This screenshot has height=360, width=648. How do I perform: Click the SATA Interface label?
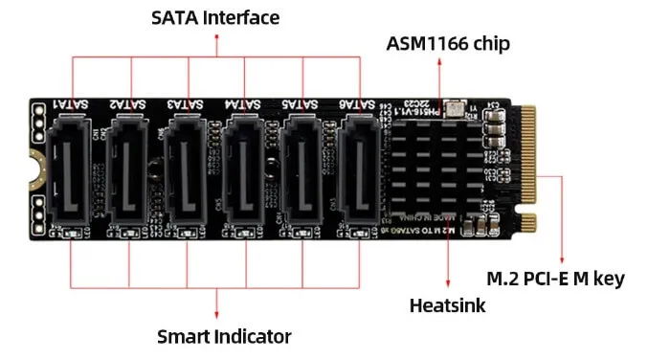(216, 16)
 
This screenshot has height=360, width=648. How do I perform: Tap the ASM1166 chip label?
(448, 43)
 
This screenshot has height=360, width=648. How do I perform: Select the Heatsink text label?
(447, 306)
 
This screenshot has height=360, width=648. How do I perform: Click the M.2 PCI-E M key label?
(555, 279)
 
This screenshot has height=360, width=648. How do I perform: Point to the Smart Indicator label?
(224, 336)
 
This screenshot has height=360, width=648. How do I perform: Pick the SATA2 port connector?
(131, 169)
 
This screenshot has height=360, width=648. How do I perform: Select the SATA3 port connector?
(189, 169)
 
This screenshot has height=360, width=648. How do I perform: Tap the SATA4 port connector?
(245, 169)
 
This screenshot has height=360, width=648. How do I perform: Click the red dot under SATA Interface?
(216, 35)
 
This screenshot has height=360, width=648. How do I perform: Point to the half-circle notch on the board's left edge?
(34, 169)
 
